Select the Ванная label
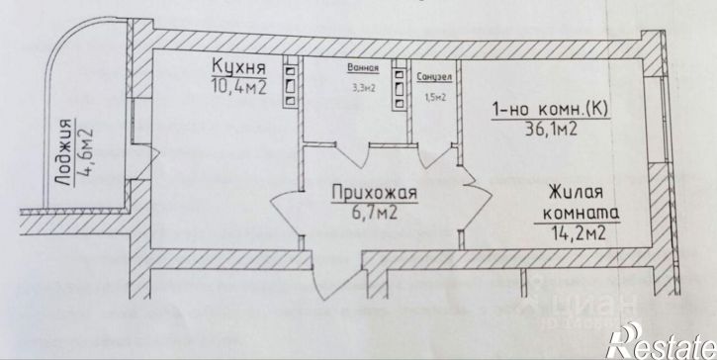362,70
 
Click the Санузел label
435,75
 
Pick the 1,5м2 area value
435,97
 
